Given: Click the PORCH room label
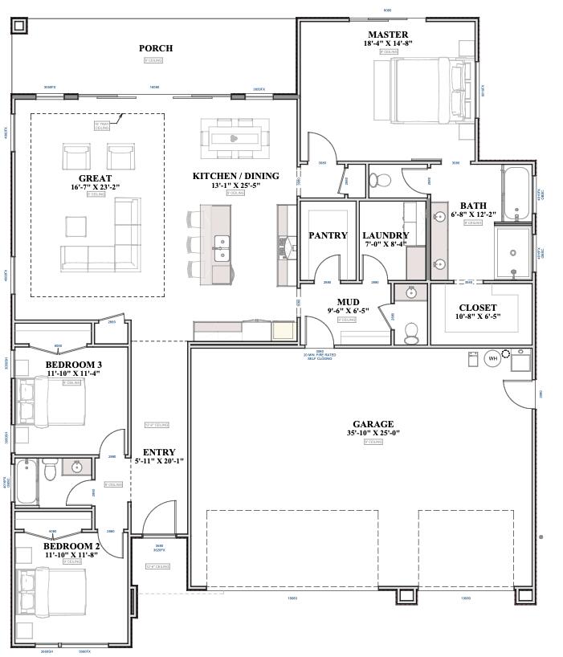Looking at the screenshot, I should (x=155, y=48).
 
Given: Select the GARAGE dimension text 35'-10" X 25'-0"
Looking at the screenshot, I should (x=373, y=434).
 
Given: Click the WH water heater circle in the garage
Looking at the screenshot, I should (x=492, y=358).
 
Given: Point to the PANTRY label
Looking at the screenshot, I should (x=328, y=236).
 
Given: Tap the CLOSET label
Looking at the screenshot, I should (x=477, y=308).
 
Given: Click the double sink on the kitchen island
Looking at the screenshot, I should (x=222, y=248).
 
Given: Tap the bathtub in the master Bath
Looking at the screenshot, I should (x=516, y=193).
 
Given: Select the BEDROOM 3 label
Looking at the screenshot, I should (x=73, y=365).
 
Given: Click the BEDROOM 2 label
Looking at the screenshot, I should (x=71, y=546).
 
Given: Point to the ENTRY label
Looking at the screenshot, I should (x=158, y=453).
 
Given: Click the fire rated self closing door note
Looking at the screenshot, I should (x=319, y=356).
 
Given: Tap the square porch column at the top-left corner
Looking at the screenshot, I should (x=19, y=25).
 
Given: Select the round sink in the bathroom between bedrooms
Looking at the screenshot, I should (x=78, y=467).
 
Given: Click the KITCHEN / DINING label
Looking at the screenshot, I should (x=235, y=176).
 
